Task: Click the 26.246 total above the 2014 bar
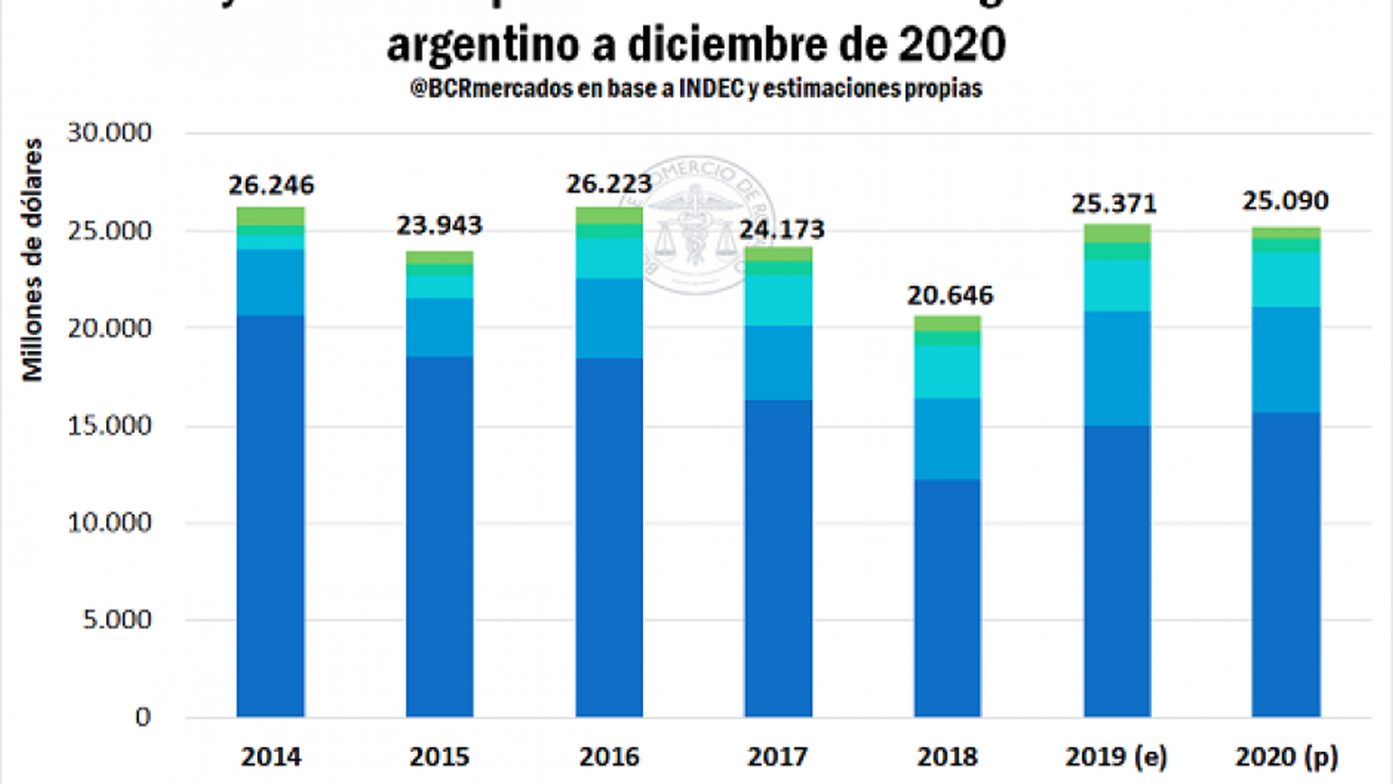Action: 271,186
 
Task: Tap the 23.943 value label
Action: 439,226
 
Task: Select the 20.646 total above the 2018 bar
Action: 950,296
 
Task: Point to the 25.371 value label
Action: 1114,204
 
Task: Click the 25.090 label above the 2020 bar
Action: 1286,201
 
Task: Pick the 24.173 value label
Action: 782,230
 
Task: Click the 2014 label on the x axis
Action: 271,756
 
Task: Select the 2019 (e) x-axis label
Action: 1116,756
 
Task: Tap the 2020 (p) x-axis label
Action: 1286,756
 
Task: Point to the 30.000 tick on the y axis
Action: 110,133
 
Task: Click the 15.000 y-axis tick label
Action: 110,426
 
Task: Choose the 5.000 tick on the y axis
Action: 117,620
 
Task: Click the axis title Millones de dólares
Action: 33,260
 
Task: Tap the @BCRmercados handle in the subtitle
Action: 491,88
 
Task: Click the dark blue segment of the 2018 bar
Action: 948,598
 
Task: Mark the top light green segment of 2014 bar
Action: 271,216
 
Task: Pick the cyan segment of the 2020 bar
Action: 1286,280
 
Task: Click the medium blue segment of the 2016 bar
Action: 609,318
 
